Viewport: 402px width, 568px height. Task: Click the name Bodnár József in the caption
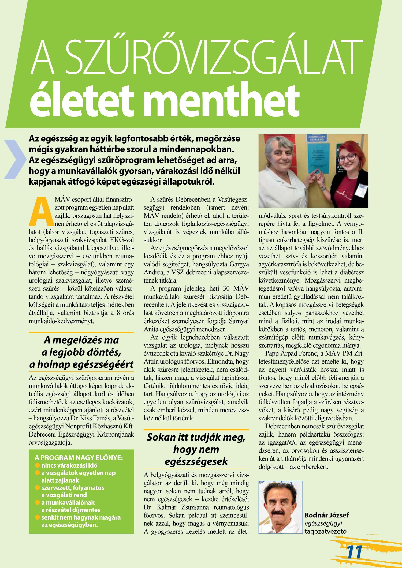[x=326, y=515]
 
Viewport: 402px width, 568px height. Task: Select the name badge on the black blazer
[x=361, y=190]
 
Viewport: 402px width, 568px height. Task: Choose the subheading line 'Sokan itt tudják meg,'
[x=196, y=437]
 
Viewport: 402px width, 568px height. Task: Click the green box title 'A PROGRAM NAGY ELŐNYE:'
[x=79, y=457]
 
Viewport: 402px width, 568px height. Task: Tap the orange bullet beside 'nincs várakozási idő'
[x=38, y=465]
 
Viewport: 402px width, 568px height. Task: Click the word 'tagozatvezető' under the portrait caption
[x=325, y=531]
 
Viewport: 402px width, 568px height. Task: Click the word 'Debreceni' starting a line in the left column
[x=41, y=434]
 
